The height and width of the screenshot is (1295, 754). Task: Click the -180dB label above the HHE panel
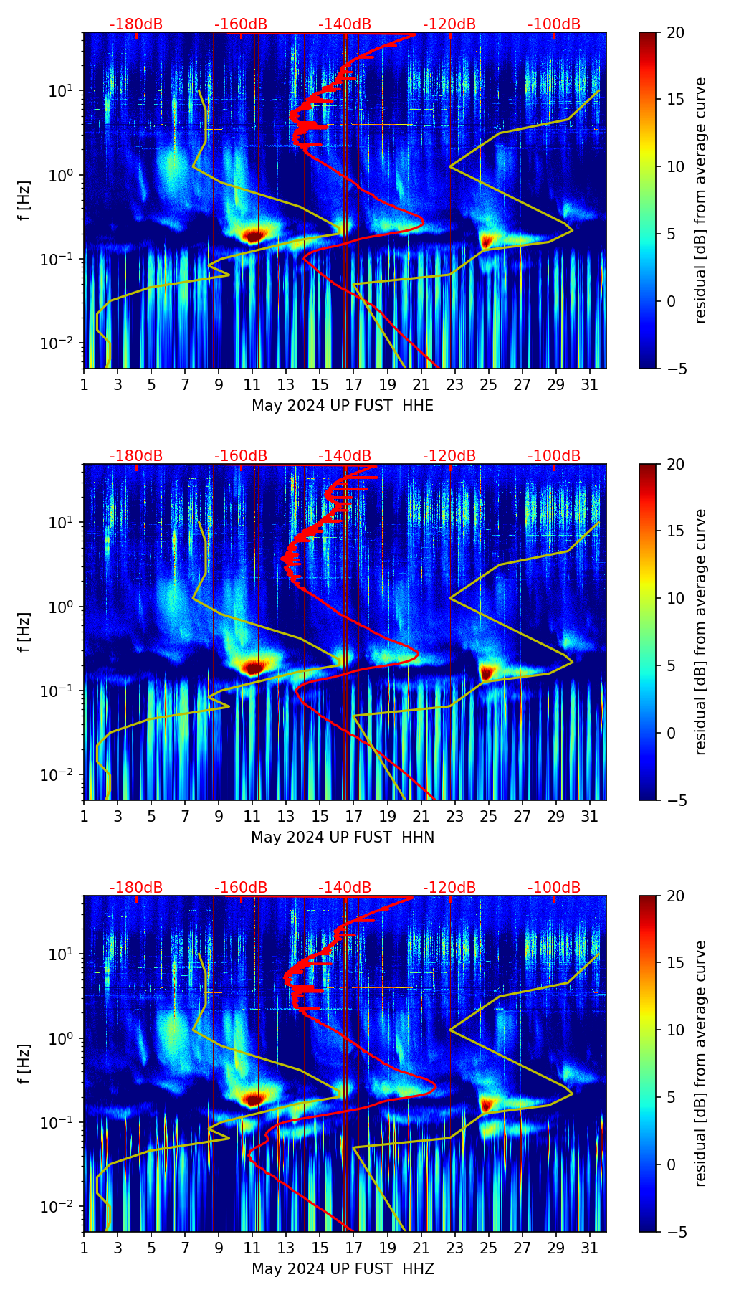(136, 24)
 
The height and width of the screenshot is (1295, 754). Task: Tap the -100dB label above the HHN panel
(554, 456)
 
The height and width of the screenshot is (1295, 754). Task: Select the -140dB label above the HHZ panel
(345, 888)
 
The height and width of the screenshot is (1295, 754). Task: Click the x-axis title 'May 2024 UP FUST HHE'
(343, 406)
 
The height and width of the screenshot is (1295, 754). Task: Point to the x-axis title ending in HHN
(343, 838)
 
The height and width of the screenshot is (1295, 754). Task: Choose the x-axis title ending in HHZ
(343, 1269)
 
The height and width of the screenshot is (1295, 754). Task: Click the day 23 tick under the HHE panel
(455, 384)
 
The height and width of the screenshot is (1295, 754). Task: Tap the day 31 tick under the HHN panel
(590, 816)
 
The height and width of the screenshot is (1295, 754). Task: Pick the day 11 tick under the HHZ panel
(252, 1248)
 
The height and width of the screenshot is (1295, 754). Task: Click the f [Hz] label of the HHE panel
(24, 200)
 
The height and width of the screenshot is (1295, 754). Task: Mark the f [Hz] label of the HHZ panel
(24, 1063)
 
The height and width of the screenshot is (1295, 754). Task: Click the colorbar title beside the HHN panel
(701, 632)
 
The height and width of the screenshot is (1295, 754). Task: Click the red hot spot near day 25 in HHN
(487, 673)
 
